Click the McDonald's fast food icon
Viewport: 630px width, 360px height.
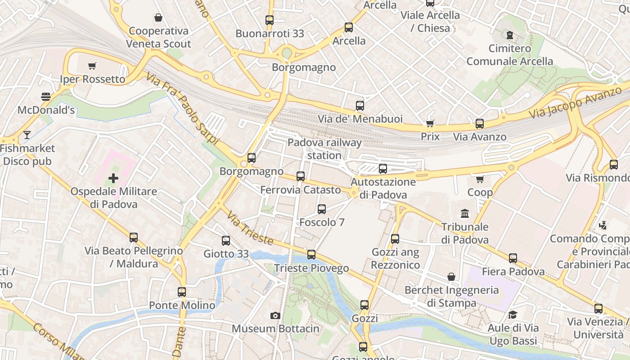pos(45,96)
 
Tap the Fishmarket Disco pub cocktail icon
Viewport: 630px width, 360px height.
pos(27,135)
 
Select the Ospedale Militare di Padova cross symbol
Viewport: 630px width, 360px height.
pos(113,178)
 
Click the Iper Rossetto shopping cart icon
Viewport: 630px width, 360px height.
pos(92,66)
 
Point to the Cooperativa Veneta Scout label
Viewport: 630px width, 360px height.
pos(158,37)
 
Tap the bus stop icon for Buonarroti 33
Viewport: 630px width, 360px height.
pos(269,20)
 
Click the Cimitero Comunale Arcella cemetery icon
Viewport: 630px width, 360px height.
pos(509,35)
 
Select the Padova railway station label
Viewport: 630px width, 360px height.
pos(324,149)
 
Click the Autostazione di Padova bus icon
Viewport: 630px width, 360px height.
pos(382,169)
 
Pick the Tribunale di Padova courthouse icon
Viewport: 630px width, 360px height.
pos(464,213)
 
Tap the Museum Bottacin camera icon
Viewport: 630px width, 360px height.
pos(275,315)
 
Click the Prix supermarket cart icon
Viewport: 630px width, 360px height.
pos(430,123)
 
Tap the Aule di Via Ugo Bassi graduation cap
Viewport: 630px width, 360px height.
pos(512,315)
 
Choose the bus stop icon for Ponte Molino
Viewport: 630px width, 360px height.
pos(182,292)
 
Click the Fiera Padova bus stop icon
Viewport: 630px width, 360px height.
pos(513,258)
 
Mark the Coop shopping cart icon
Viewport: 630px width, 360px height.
pos(480,179)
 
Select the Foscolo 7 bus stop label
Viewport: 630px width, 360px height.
pos(322,222)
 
